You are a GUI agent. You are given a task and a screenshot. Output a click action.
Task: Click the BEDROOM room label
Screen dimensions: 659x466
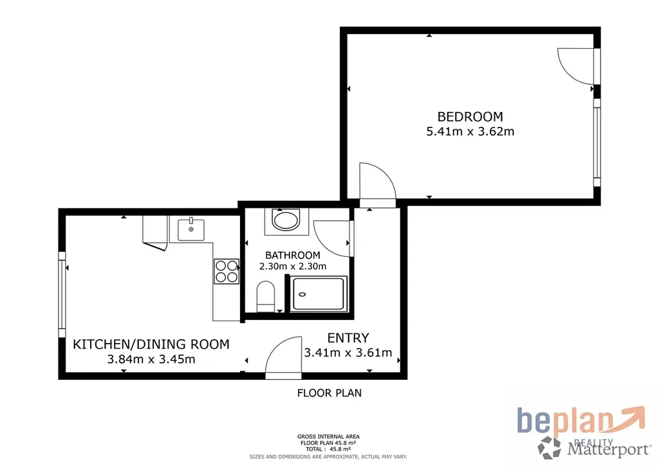click(x=470, y=116)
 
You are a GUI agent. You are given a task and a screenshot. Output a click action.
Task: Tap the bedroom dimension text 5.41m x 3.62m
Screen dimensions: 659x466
click(x=470, y=131)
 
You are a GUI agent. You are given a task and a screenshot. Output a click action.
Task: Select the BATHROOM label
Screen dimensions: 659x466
click(x=293, y=255)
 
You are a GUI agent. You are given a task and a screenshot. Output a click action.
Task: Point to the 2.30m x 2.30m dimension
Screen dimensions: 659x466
click(x=293, y=266)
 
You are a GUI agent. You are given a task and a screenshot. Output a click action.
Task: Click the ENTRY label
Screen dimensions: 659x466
click(x=348, y=338)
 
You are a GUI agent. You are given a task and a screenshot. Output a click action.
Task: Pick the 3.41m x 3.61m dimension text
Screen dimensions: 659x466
click(x=348, y=353)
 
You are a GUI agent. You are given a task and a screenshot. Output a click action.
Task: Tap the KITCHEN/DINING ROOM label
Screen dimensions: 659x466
click(x=151, y=344)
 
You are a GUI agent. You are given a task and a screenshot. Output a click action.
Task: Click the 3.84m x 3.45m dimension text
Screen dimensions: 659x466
click(x=151, y=359)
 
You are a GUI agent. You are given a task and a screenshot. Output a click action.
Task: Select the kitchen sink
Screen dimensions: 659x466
click(x=190, y=229)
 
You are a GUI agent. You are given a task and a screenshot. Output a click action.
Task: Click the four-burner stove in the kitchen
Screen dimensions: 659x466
click(x=227, y=272)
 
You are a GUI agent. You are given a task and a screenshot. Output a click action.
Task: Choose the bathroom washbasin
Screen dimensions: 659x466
click(x=286, y=220)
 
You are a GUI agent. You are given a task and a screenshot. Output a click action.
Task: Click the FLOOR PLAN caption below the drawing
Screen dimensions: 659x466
click(x=329, y=393)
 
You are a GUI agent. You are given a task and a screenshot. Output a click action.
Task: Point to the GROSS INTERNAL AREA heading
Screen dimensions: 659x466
click(x=328, y=436)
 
